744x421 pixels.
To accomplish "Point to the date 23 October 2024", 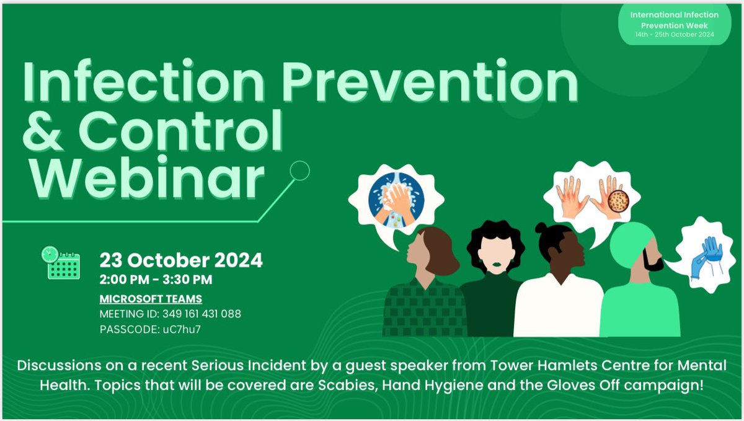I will (181, 260).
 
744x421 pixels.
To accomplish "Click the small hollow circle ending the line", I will (299, 171).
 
